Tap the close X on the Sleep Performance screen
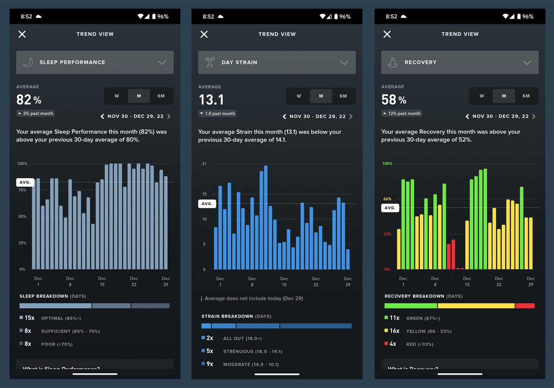coord(22,34)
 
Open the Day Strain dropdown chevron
coord(344,62)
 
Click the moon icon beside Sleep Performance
coord(28,62)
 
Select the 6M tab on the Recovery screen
coord(526,96)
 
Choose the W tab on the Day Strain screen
coord(299,96)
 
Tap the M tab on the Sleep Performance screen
coord(139,96)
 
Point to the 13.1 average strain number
coord(211,100)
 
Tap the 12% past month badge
coord(402,113)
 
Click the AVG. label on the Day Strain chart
coord(207,204)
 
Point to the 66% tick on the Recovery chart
coord(387,199)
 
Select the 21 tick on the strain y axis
coord(204,164)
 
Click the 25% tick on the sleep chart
coord(22,243)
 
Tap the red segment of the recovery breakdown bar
coord(525,306)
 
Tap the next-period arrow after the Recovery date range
coord(534,116)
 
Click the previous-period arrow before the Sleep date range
coord(102,116)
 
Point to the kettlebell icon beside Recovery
coord(393,62)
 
